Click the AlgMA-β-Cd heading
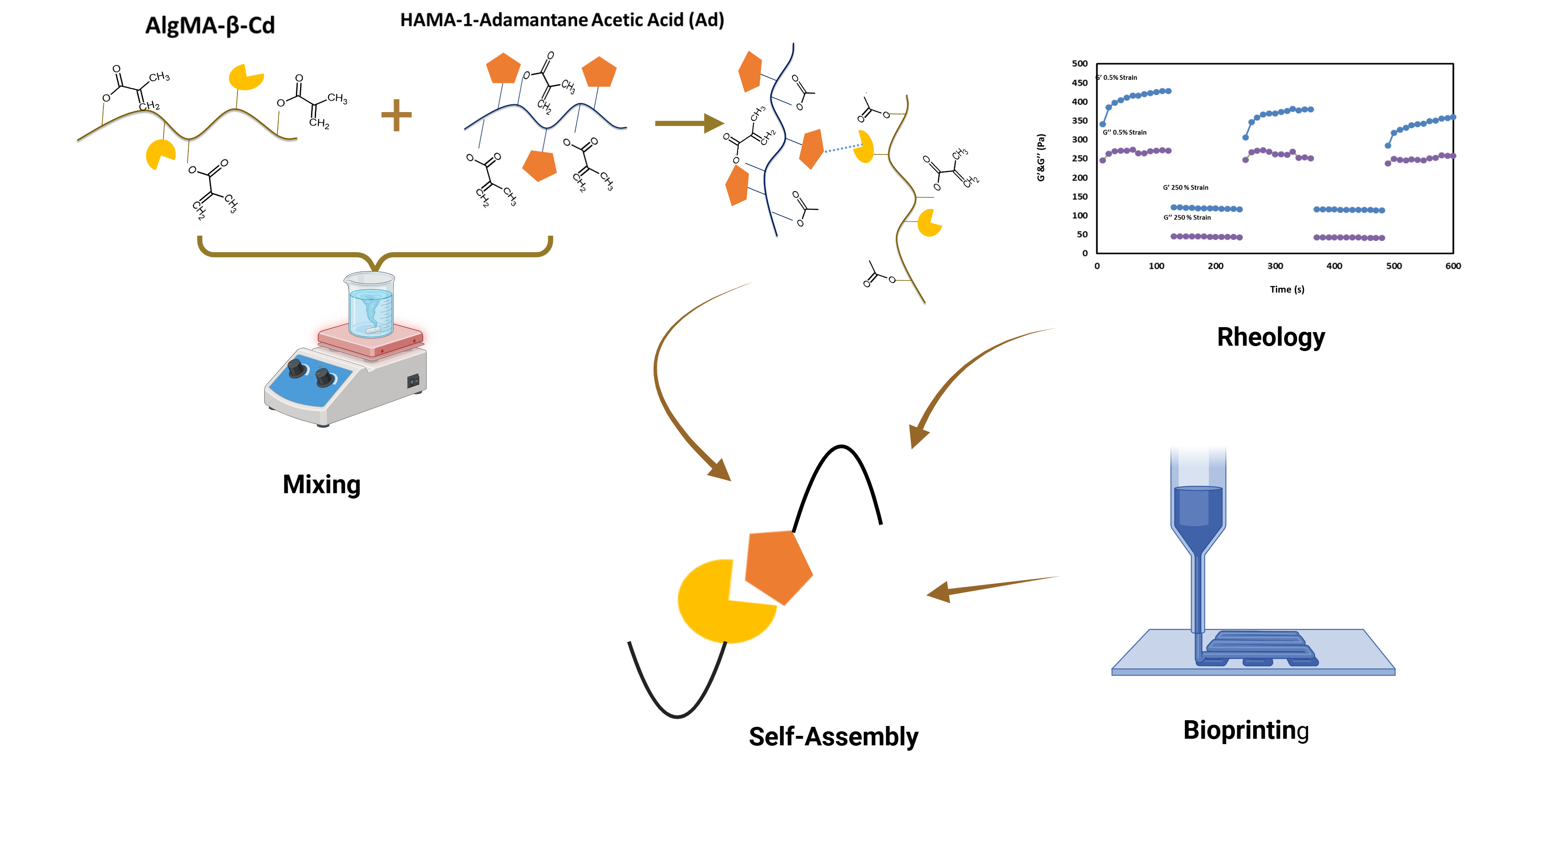click(210, 26)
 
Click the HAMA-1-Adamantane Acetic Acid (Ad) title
click(562, 20)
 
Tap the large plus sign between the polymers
click(396, 115)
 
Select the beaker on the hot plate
click(370, 304)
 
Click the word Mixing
click(321, 484)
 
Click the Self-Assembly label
click(833, 736)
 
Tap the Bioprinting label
click(1246, 730)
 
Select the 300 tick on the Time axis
click(1275, 266)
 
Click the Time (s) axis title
click(1287, 289)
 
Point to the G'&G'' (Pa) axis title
click(1041, 157)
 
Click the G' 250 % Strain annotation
click(1185, 187)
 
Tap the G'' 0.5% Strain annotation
click(1124, 132)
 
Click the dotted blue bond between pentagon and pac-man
click(842, 148)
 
